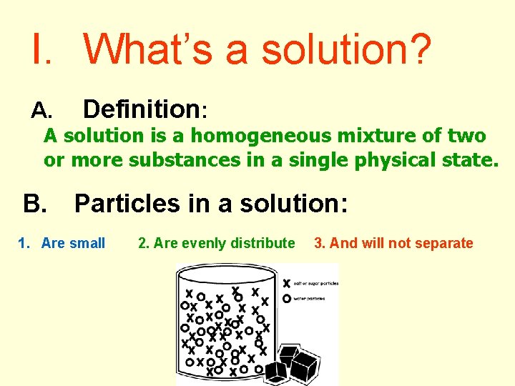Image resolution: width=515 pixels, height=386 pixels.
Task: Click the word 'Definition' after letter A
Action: [x=142, y=109]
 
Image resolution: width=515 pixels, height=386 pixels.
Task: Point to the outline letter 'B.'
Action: [x=34, y=204]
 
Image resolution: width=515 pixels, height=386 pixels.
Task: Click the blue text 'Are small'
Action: [x=73, y=244]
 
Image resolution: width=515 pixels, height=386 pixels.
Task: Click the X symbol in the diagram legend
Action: [x=287, y=283]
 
